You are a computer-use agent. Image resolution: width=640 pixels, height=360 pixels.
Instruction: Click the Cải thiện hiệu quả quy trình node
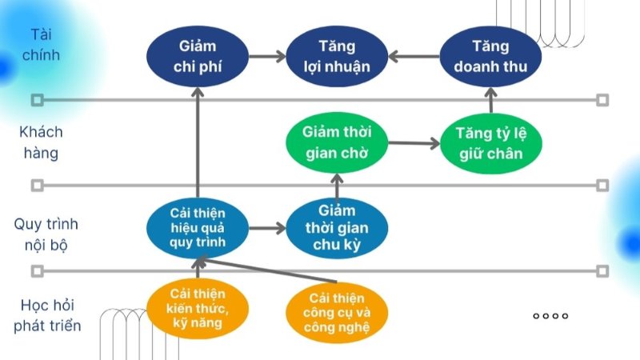point(198,227)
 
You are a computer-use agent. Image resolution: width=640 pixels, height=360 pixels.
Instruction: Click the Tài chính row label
point(46,46)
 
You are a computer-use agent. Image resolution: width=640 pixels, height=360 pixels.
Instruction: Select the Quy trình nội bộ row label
point(46,234)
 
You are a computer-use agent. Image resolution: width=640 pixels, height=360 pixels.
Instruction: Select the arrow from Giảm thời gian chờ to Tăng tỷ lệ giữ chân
point(414,144)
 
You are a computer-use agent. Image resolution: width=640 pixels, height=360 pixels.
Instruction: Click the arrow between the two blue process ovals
point(267,228)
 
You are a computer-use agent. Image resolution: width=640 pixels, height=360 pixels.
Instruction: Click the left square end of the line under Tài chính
point(36,101)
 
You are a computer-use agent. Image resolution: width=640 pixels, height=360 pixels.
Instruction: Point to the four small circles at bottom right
point(550,316)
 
